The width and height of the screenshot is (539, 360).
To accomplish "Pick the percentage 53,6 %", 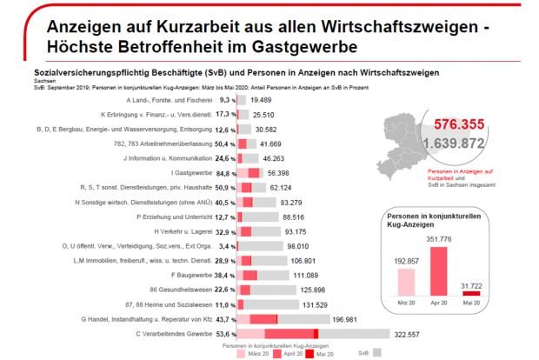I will tap(223, 334).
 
